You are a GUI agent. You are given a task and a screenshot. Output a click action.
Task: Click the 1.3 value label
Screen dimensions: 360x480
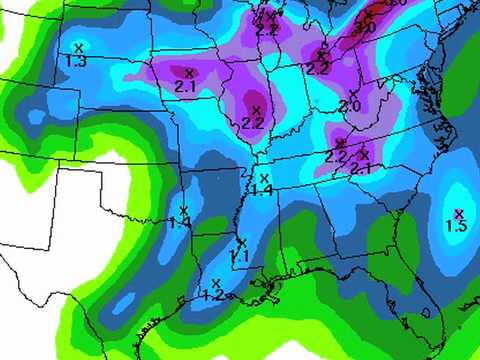[75, 61]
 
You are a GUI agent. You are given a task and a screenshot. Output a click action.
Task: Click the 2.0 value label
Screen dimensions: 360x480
[350, 106]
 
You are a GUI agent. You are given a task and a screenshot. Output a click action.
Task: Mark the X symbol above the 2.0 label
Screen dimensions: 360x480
[353, 93]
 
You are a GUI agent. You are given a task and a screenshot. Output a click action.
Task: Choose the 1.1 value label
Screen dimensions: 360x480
[239, 257]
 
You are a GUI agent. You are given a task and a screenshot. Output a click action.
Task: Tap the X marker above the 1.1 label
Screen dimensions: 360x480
[242, 243]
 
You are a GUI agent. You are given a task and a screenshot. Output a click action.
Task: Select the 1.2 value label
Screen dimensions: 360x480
[212, 295]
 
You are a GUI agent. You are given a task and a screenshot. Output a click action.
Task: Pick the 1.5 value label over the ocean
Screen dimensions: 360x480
[456, 227]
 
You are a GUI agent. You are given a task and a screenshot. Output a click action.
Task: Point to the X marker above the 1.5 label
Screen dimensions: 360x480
[459, 213]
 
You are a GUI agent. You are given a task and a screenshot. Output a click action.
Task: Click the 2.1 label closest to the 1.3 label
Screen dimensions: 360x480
[185, 87]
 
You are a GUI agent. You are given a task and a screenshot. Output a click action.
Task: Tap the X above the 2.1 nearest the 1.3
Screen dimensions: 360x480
[189, 72]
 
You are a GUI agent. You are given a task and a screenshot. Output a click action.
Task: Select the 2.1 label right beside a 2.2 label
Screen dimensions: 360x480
[361, 168]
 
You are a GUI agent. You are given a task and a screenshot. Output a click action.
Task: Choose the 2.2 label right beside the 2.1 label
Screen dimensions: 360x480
[335, 157]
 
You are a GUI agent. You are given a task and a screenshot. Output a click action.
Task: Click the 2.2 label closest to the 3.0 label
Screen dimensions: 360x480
[318, 68]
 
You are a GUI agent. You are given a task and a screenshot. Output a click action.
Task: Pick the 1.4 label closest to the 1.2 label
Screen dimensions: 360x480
[180, 224]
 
